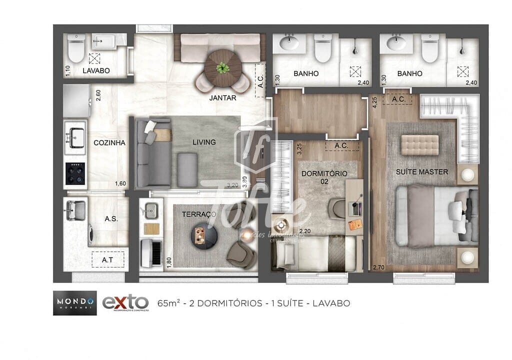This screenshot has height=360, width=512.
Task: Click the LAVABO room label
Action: pos(96,71)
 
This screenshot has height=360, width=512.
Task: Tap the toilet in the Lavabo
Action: pos(76,48)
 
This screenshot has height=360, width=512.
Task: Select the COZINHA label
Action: pos(109,142)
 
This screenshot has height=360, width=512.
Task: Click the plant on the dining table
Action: pos(222,66)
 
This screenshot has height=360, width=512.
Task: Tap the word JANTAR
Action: pos(223,98)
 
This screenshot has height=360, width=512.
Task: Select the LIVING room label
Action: pos(204,142)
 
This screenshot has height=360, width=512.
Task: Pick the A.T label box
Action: pos(107,260)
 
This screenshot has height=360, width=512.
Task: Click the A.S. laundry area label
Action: pos(111,218)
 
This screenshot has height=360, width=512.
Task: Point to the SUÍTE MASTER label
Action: pos(422,172)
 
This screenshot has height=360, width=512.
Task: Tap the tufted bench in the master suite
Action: pos(420,144)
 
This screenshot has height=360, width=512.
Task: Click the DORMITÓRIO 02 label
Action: pos(325,177)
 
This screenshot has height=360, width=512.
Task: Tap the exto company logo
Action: pos(125,302)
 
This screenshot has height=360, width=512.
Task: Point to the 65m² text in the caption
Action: pos(167,302)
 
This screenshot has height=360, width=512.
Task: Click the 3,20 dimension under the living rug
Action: pos(232,185)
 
